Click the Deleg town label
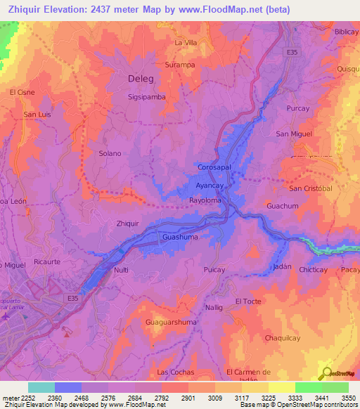point(141,79)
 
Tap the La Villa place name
point(186,43)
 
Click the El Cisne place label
point(22,92)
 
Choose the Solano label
point(110,153)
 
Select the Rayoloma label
point(205,200)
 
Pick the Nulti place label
point(121,270)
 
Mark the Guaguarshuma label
point(171,322)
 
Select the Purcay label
point(298,108)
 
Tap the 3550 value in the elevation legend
point(349,397)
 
